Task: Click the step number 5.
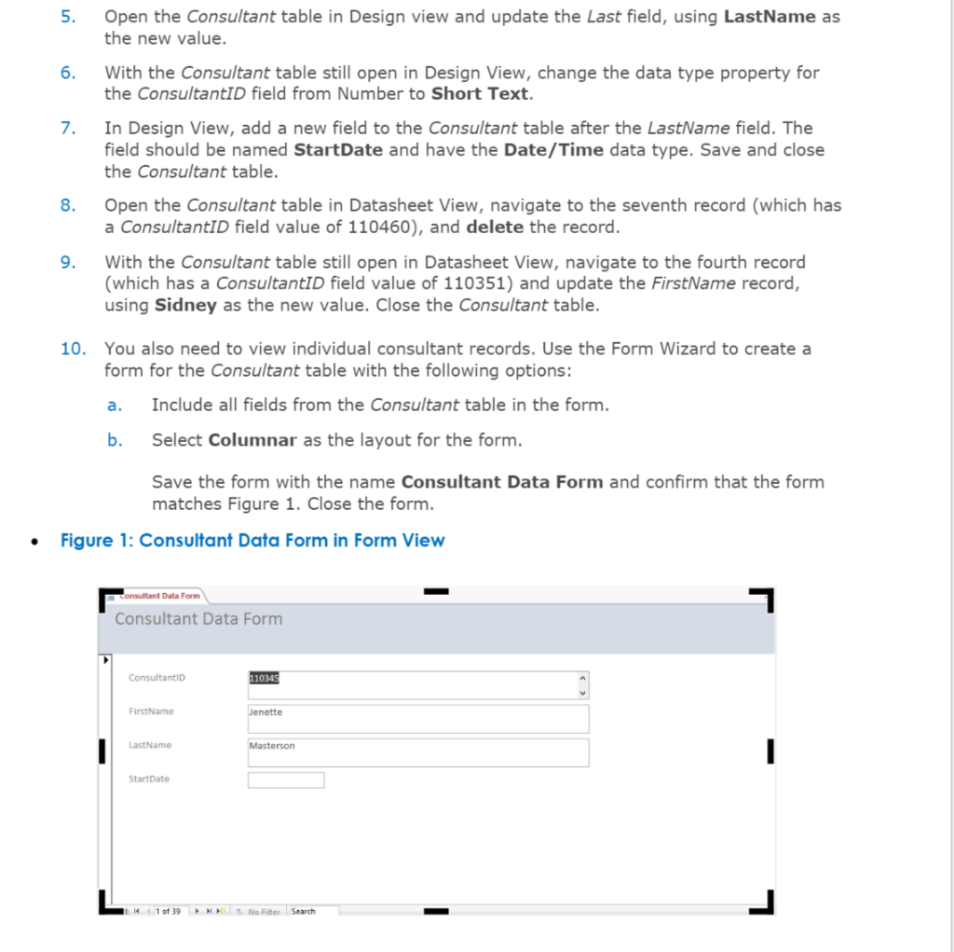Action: click(x=67, y=17)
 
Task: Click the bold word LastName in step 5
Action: click(x=769, y=17)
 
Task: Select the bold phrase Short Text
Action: click(x=480, y=94)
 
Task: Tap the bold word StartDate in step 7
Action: click(x=337, y=150)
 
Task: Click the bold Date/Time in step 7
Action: click(x=553, y=150)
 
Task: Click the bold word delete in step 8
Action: click(x=495, y=228)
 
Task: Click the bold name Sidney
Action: click(x=185, y=306)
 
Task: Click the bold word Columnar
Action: click(x=252, y=440)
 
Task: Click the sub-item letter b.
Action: click(x=114, y=440)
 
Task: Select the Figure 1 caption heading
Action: click(x=252, y=541)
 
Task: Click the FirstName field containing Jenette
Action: click(x=417, y=718)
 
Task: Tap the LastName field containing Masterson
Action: click(x=417, y=752)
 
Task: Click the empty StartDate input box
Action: click(x=285, y=780)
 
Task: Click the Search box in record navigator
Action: click(x=313, y=911)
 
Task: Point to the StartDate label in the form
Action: click(x=149, y=779)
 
